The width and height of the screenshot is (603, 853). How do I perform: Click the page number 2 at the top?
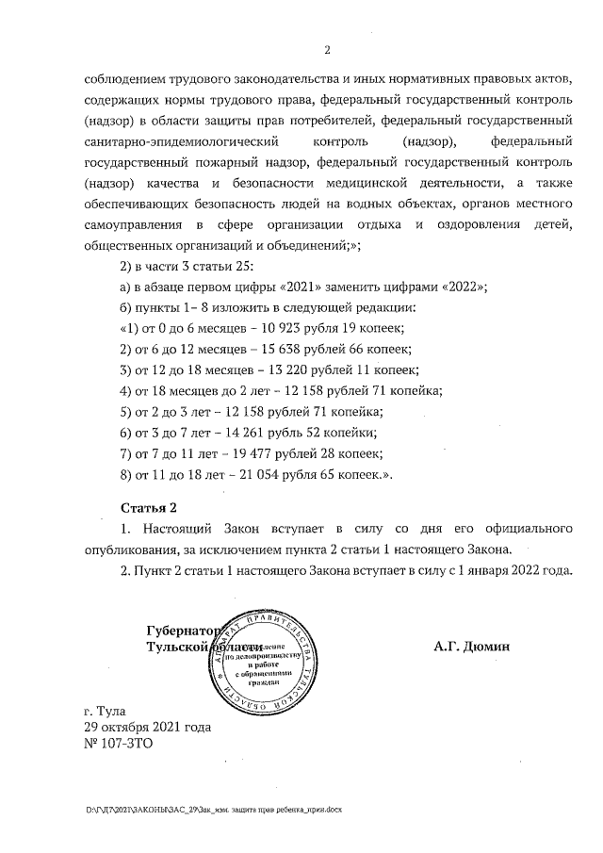coord(326,50)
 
